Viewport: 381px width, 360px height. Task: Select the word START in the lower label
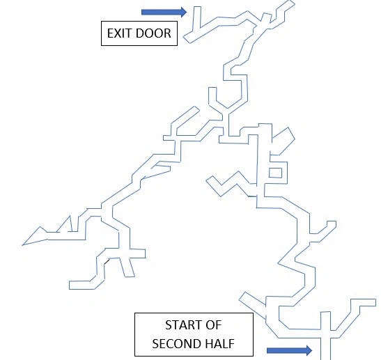[179, 325]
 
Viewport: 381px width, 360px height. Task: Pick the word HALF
[219, 344]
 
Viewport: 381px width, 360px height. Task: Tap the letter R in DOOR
[167, 33]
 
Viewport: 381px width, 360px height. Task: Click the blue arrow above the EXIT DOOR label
[164, 12]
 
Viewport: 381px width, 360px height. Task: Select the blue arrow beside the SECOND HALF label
[289, 350]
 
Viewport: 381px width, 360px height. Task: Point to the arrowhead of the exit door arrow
[184, 12]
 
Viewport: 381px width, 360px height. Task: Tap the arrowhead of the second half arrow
[309, 350]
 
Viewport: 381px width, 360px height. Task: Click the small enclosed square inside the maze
[276, 173]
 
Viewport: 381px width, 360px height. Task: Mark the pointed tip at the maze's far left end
[22, 245]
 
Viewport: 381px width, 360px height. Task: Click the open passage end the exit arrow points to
[197, 7]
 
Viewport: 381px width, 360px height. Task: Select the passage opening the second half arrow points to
[325, 358]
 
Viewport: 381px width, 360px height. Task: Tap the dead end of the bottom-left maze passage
[70, 285]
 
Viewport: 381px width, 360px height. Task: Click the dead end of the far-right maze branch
[375, 302]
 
